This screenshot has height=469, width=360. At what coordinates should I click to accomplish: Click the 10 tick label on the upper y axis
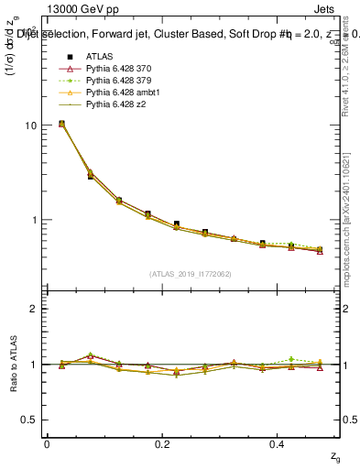point(29,125)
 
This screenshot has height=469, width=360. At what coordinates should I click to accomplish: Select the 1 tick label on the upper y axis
point(33,220)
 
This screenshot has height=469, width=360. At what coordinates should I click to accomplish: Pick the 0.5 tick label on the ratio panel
point(28,420)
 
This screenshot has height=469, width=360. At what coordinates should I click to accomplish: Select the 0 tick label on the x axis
point(47,443)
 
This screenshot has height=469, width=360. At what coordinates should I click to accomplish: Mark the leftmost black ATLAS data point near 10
point(61,123)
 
